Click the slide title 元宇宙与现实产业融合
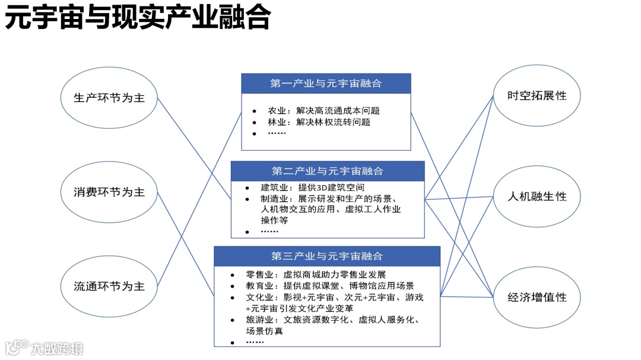138,18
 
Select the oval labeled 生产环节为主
109,98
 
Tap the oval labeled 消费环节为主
109,192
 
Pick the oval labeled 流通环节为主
109,286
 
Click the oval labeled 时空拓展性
537,95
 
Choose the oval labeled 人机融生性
537,196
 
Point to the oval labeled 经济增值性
537,297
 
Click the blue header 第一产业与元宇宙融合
326,84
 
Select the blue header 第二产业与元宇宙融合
328,171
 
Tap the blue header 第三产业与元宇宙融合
327,256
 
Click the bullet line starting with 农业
323,111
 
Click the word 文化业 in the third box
259,297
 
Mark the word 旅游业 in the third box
259,320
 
